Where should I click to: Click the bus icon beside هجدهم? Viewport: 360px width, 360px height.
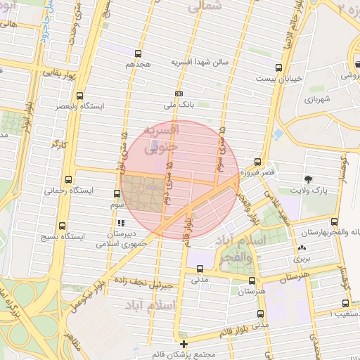138,53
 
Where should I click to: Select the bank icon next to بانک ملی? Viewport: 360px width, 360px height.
179,94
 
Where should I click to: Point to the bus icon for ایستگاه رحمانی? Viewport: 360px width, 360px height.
68,179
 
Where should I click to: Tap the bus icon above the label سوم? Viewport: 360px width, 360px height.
117,193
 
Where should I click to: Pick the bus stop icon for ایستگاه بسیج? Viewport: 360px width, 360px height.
63,226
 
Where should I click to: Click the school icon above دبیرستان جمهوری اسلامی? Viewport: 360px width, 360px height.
120,223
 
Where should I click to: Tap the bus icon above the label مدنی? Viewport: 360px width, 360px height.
200,269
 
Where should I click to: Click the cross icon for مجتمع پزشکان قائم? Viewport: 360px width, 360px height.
184,345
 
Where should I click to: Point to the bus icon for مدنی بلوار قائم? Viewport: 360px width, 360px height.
261,314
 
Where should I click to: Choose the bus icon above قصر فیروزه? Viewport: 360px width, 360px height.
257,161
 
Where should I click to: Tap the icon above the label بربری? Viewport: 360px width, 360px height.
302,247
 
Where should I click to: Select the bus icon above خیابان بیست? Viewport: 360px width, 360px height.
279,68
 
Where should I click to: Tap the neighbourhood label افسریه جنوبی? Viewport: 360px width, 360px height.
161,139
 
